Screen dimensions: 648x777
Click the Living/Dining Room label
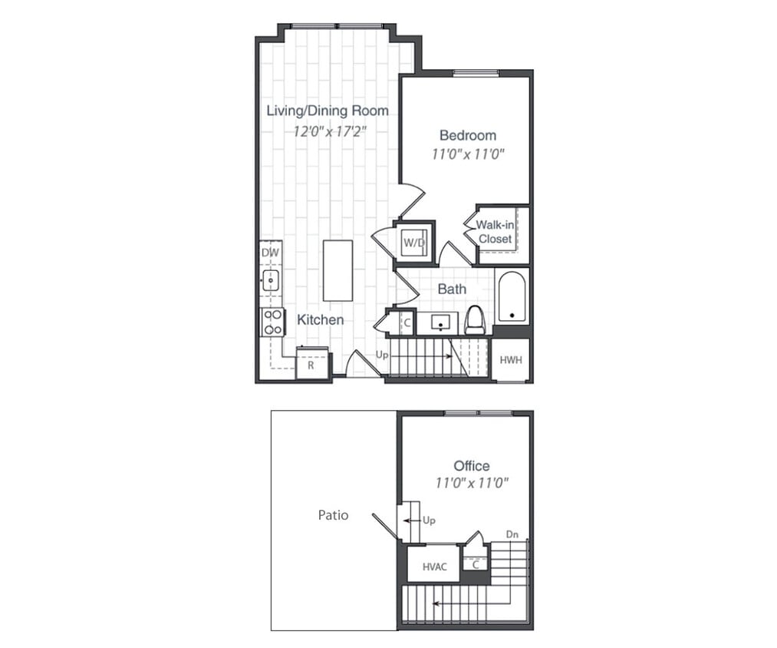(x=327, y=111)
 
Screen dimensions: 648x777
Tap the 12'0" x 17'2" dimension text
(x=331, y=131)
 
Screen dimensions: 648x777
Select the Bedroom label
(x=467, y=135)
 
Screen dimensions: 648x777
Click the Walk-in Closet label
(x=495, y=232)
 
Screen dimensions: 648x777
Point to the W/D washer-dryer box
(x=414, y=243)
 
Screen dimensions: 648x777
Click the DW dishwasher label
(x=269, y=253)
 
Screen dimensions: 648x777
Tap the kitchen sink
(x=270, y=280)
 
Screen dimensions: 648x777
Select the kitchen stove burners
(x=272, y=321)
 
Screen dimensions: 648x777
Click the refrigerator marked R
(x=311, y=364)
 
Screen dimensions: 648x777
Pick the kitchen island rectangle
(x=337, y=270)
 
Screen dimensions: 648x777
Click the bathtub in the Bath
(x=510, y=298)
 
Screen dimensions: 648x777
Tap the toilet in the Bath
(x=476, y=319)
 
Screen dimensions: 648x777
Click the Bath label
(x=452, y=289)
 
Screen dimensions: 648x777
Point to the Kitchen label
(x=321, y=319)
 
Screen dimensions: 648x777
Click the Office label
(x=471, y=466)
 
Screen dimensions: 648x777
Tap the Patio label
(x=333, y=515)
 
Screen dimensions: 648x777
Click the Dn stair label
(x=512, y=534)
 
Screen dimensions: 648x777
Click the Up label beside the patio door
(x=429, y=521)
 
